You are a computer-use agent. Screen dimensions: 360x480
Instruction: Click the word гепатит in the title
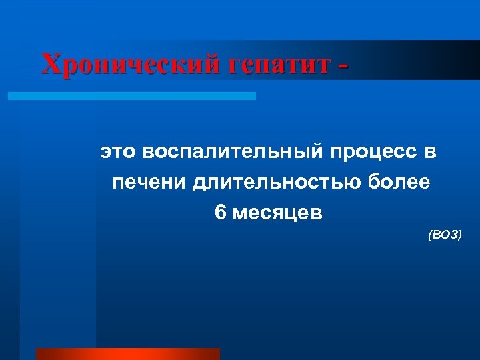point(280,65)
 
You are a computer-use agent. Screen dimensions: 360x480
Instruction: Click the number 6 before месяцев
point(221,213)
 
